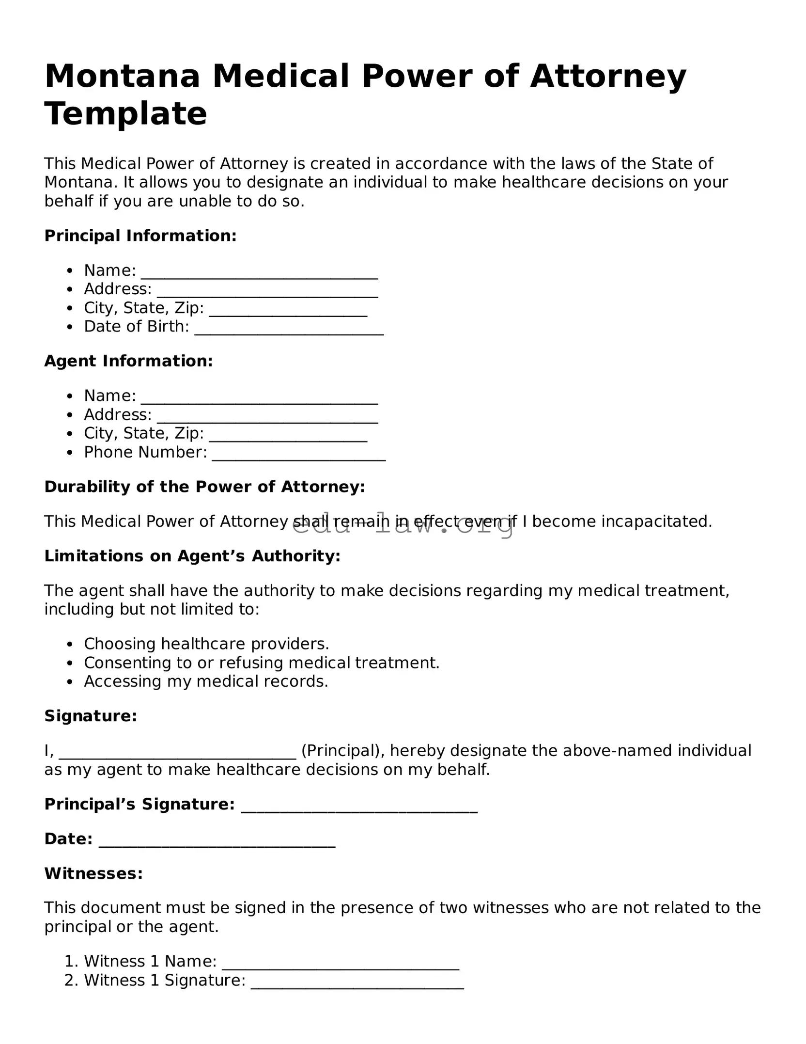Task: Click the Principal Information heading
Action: pos(140,236)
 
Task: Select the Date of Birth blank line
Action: pos(289,328)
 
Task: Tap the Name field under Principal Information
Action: pos(259,272)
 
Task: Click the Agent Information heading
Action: pos(128,361)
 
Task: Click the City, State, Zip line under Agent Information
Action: pos(288,435)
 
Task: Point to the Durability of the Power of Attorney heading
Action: pos(204,487)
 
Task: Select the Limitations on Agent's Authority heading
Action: pos(192,556)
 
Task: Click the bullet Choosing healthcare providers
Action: pos(206,644)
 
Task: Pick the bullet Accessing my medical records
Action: pos(206,682)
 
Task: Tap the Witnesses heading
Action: pos(93,874)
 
